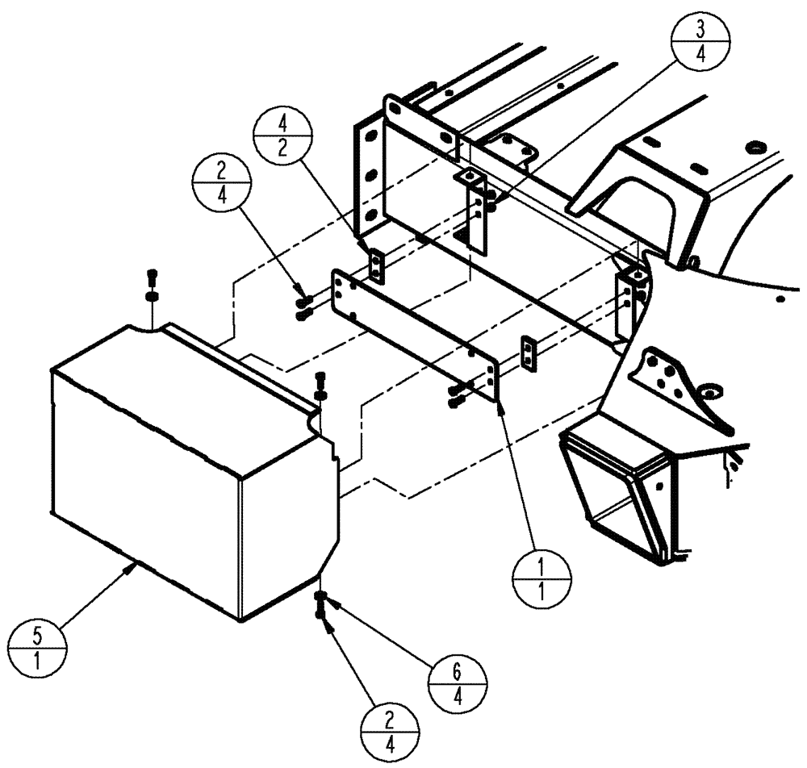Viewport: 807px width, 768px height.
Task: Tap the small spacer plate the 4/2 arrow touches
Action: pos(377,266)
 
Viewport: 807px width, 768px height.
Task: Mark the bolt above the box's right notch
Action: pos(320,384)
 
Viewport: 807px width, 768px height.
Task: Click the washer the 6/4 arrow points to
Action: pos(322,598)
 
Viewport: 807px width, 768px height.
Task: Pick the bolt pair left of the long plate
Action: pos(303,307)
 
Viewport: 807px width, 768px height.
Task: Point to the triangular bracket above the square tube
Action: pos(674,379)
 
